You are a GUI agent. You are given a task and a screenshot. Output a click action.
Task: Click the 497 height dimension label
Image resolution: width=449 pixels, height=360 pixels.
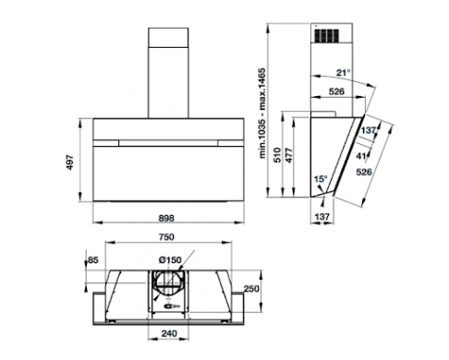point(70,162)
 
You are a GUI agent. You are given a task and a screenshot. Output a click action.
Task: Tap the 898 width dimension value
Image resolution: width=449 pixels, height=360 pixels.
point(166,218)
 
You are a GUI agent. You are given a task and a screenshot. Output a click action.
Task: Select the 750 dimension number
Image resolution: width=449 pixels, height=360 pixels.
point(166,237)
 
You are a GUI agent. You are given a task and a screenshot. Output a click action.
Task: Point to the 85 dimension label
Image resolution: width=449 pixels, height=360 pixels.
point(93,260)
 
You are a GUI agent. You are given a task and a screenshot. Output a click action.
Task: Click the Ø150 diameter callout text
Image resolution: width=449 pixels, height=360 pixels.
point(170,260)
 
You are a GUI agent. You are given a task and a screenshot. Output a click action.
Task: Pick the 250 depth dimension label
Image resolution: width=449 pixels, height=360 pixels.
point(251,289)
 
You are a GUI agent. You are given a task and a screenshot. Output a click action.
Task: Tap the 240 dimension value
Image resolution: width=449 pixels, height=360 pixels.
point(169,333)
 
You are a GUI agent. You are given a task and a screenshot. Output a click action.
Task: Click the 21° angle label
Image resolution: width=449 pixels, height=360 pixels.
point(344,73)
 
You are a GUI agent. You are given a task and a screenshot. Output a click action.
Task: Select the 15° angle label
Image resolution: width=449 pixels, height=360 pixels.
point(321,179)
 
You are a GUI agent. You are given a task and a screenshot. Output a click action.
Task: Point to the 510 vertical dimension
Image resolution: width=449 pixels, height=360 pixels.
point(277,155)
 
